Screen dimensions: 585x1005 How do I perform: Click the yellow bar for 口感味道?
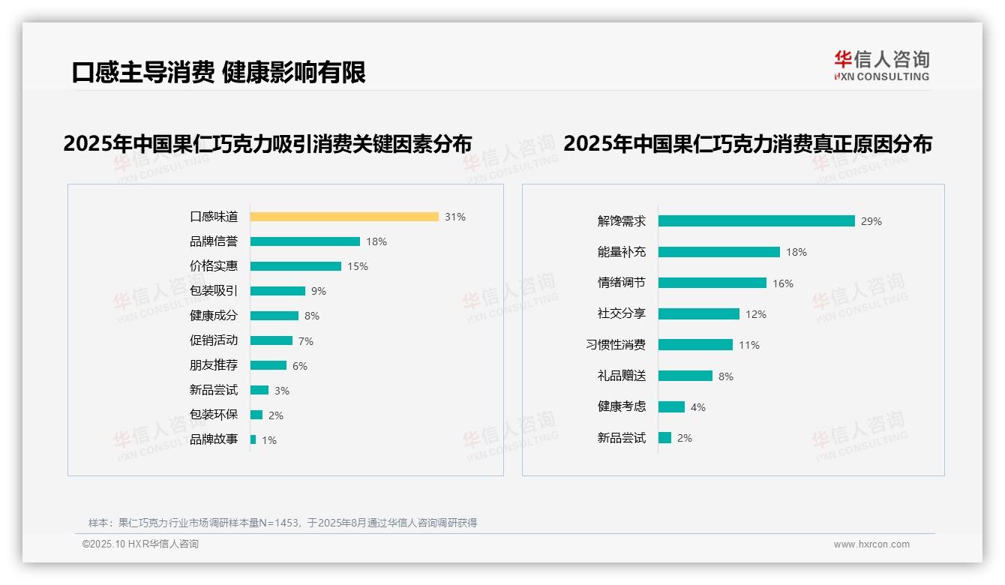point(344,217)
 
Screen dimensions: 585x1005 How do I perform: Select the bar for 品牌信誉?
point(305,241)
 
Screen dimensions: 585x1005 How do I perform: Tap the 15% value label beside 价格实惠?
point(358,266)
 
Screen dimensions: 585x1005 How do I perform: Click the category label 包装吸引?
point(214,291)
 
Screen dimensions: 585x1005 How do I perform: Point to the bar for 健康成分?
point(274,316)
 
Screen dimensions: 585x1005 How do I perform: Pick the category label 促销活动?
point(214,340)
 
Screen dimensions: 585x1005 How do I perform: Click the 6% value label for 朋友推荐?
point(300,366)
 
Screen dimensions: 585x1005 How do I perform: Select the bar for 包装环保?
point(256,415)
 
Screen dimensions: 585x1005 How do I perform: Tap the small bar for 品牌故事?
point(253,439)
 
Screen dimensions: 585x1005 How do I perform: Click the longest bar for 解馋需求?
point(757,221)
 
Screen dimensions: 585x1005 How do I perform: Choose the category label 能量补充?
point(621,252)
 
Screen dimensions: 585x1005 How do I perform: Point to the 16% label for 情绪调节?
point(783,283)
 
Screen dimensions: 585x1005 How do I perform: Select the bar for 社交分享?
point(699,314)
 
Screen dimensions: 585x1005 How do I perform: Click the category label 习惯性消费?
point(616,345)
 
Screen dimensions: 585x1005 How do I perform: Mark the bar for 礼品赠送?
point(685,376)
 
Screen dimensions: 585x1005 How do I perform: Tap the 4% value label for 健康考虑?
point(698,407)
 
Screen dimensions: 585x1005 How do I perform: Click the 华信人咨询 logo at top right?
point(881,65)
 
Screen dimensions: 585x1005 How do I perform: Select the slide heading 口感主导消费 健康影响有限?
point(219,73)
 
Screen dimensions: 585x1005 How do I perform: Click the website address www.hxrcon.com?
point(871,544)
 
